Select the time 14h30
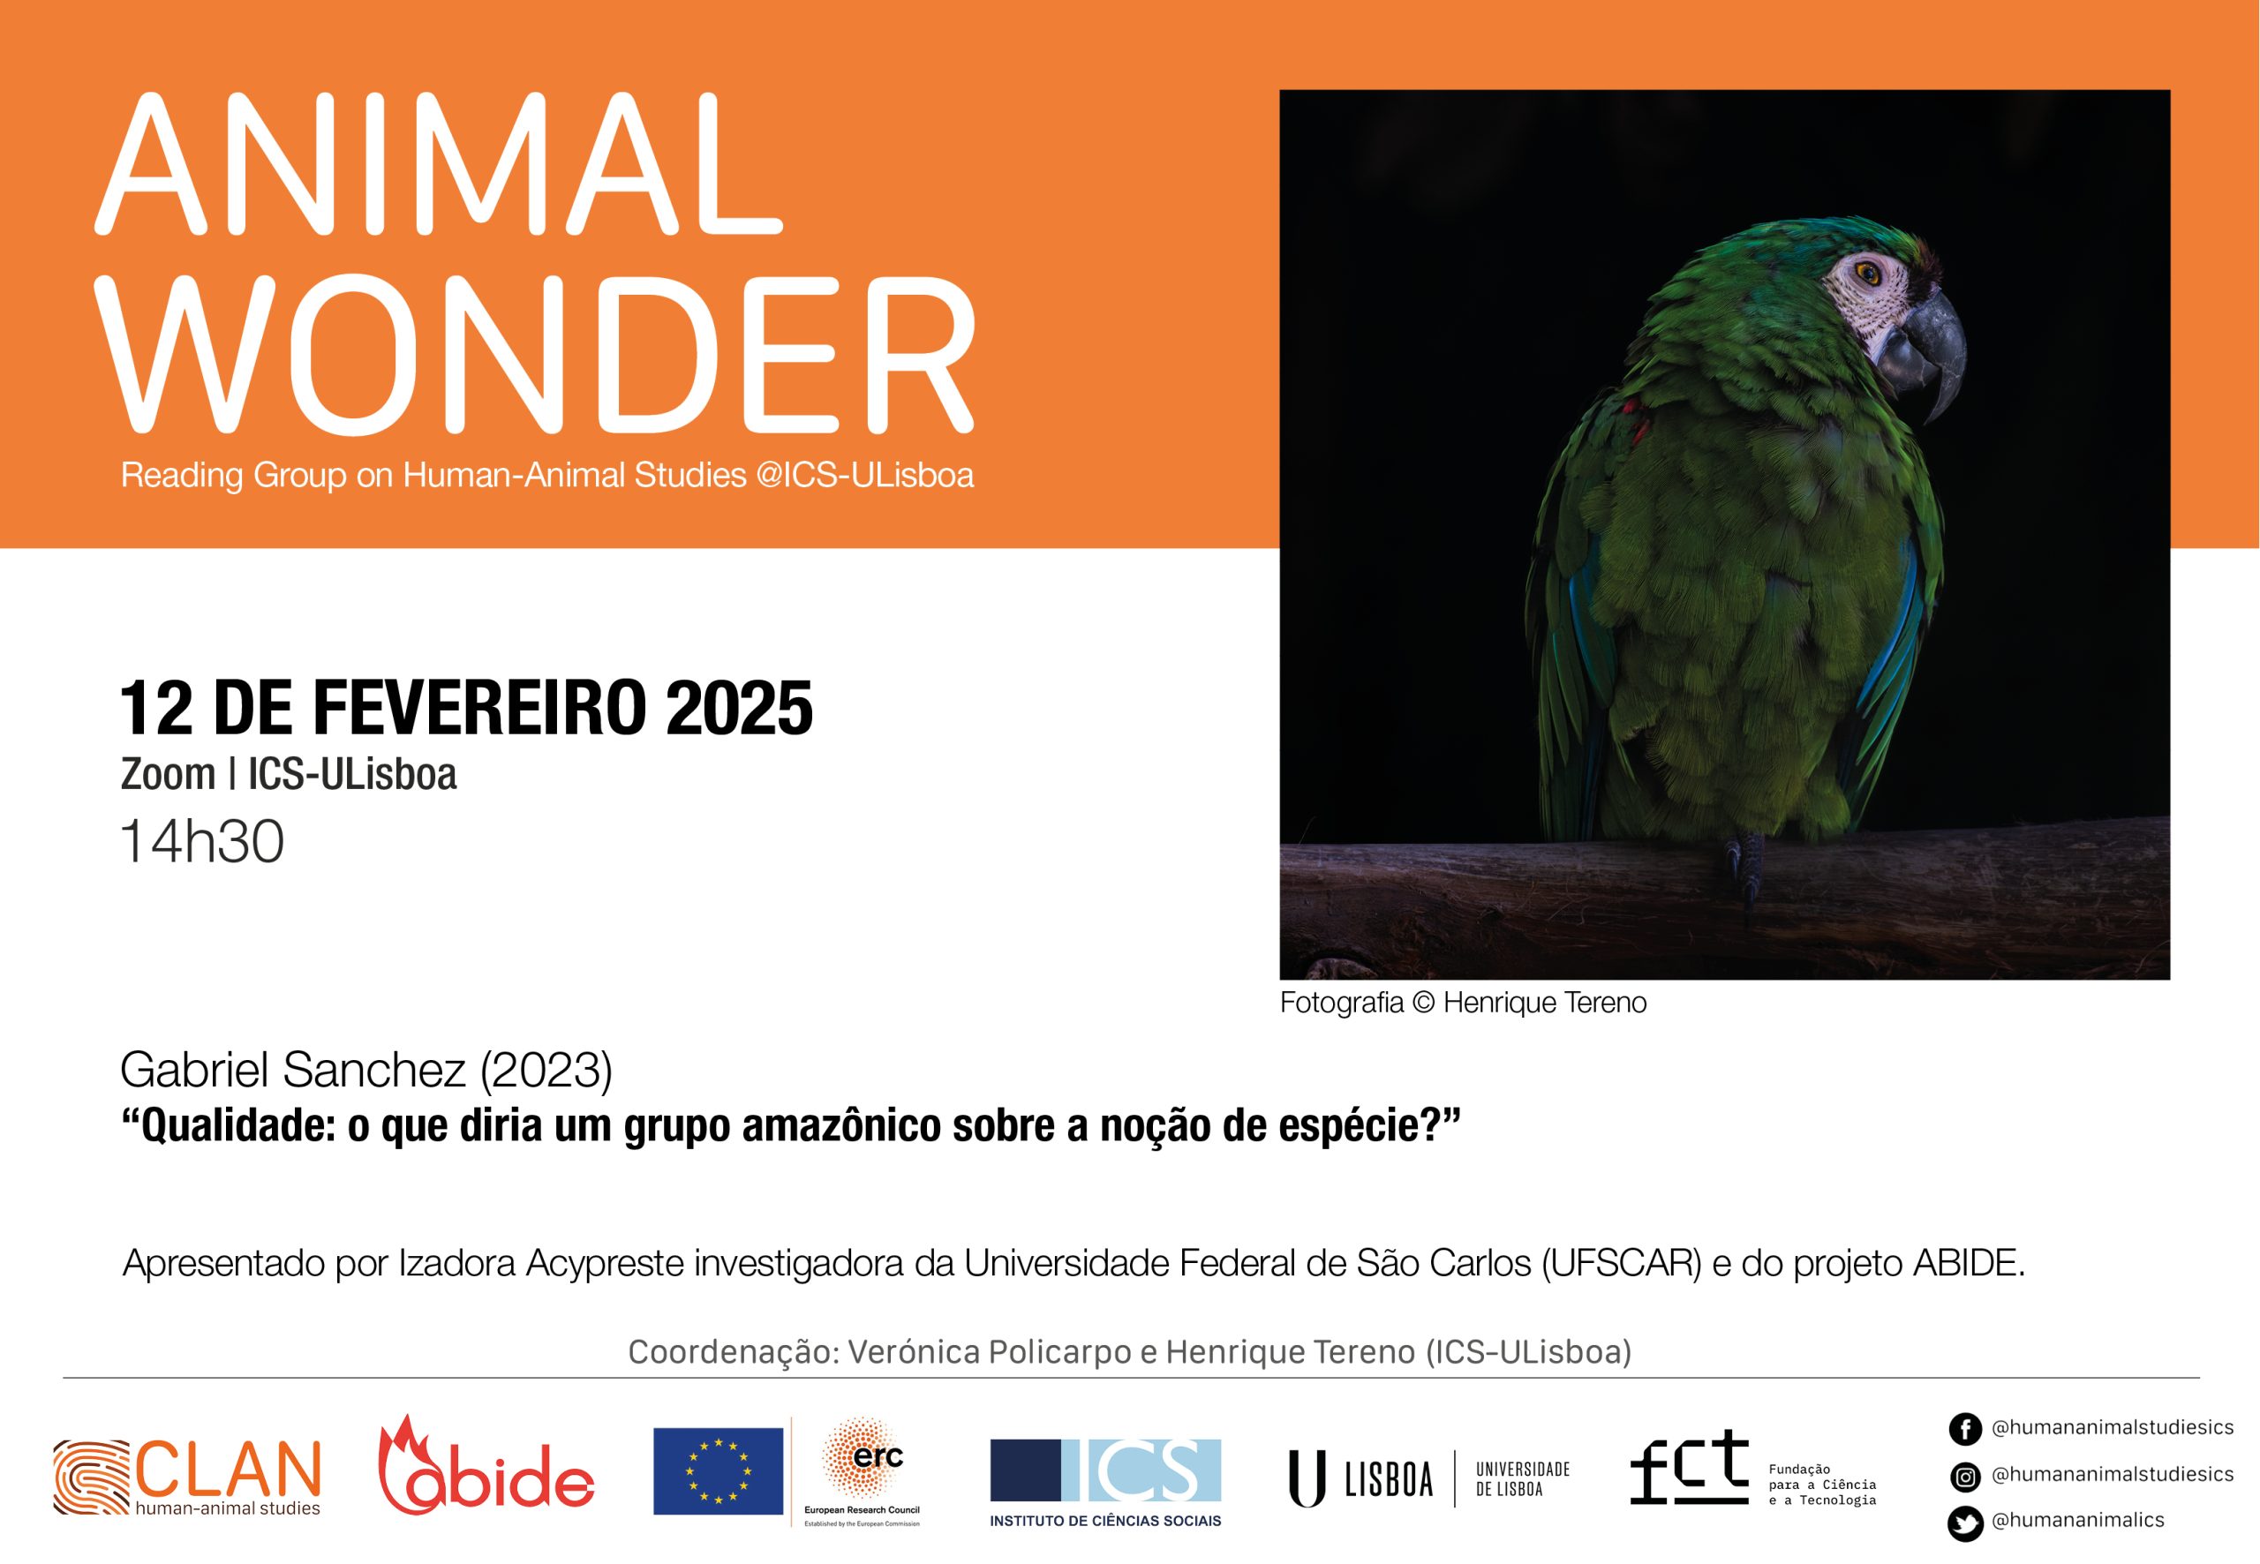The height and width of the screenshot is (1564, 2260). point(202,842)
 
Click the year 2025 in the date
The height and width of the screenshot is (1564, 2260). point(739,708)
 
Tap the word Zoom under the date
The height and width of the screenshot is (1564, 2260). point(168,774)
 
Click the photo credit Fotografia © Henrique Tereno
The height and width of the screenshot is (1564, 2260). point(1463,1003)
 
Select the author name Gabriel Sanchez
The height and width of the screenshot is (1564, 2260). point(293,1069)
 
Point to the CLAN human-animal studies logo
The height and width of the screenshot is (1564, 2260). point(187,1478)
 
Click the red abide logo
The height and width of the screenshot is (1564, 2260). point(486,1466)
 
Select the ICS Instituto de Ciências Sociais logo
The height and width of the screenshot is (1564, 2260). point(1105,1483)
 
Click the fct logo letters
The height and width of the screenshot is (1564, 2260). point(1689,1466)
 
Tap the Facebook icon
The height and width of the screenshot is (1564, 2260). point(1965,1429)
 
